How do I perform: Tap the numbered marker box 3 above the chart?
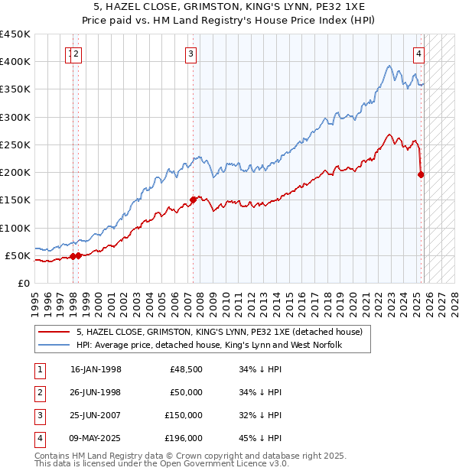coord(190,54)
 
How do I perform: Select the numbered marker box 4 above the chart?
coord(419,54)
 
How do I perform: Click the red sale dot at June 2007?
coord(193,200)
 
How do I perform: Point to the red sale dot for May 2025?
coord(421,174)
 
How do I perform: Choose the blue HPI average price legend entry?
coord(208,345)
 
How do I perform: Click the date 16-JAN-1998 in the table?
coord(96,369)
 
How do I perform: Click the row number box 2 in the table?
coord(38,392)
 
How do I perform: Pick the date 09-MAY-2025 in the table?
coord(96,438)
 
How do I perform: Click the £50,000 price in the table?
coord(185,392)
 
